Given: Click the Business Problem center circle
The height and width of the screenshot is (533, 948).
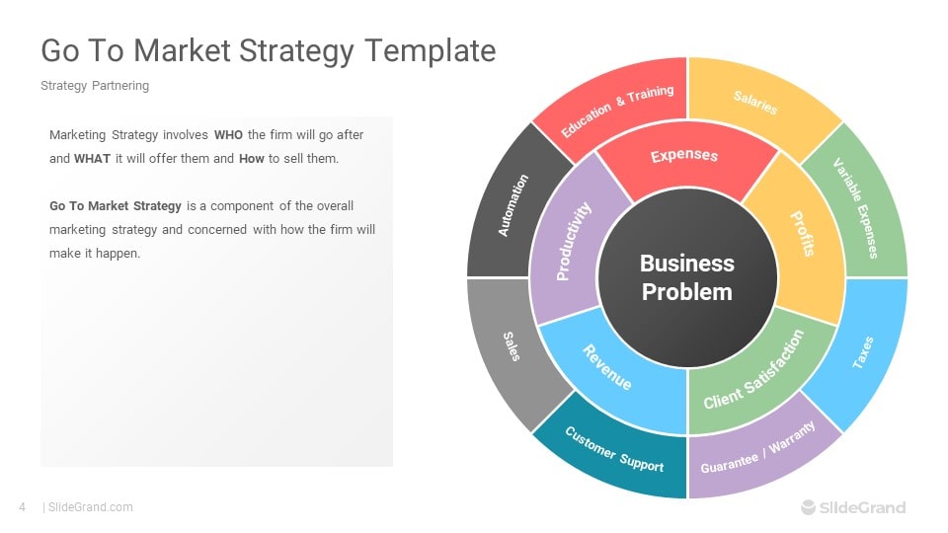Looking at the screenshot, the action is (x=687, y=277).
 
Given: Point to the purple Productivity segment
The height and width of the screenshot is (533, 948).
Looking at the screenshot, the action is (x=570, y=241).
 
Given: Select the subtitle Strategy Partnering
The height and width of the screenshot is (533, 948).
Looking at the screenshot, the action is (x=95, y=86).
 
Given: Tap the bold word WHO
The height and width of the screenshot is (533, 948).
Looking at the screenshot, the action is (x=228, y=135).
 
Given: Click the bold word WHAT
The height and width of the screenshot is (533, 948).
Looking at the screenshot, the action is (x=92, y=159).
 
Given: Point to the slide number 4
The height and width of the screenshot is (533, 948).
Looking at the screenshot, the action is (x=23, y=507).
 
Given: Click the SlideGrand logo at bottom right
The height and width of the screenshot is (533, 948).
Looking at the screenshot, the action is (x=853, y=507).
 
